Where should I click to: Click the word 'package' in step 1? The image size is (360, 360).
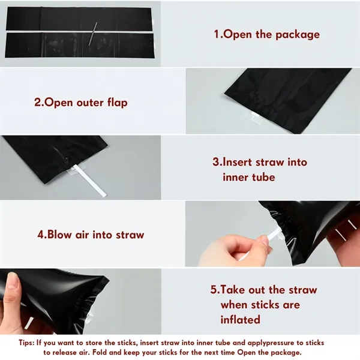[x=298, y=35]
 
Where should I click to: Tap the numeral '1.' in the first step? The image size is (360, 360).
[x=218, y=34]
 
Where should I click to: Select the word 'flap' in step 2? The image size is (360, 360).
[x=118, y=103]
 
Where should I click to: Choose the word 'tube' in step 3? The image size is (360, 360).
[x=264, y=177]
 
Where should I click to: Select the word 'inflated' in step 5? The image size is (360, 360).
[x=241, y=319]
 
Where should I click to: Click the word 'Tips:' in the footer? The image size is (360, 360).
[x=26, y=343]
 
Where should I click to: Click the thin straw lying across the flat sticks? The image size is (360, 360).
[x=93, y=34]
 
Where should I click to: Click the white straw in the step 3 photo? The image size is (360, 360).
[x=88, y=181]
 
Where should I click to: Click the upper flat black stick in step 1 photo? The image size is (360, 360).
[x=79, y=19]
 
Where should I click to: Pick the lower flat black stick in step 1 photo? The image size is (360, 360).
[x=80, y=45]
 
